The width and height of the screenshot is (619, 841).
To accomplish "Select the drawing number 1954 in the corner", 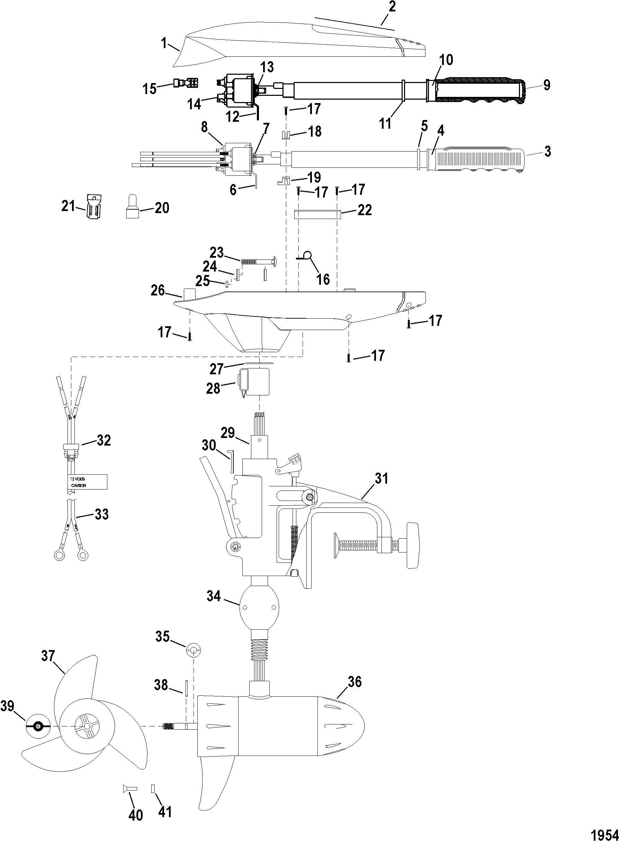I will pyautogui.click(x=604, y=832).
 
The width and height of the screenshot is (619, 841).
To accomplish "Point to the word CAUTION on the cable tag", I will pyautogui.click(x=79, y=485).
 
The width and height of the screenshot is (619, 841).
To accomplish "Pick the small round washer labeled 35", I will pyautogui.click(x=193, y=651).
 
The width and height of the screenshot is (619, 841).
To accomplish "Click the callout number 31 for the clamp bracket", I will pyautogui.click(x=381, y=478).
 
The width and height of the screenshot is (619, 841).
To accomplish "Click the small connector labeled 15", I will pyautogui.click(x=186, y=82).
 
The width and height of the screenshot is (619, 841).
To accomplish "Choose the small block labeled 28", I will pyautogui.click(x=255, y=381).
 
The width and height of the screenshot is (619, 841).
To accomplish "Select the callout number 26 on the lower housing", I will pyautogui.click(x=158, y=290).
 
